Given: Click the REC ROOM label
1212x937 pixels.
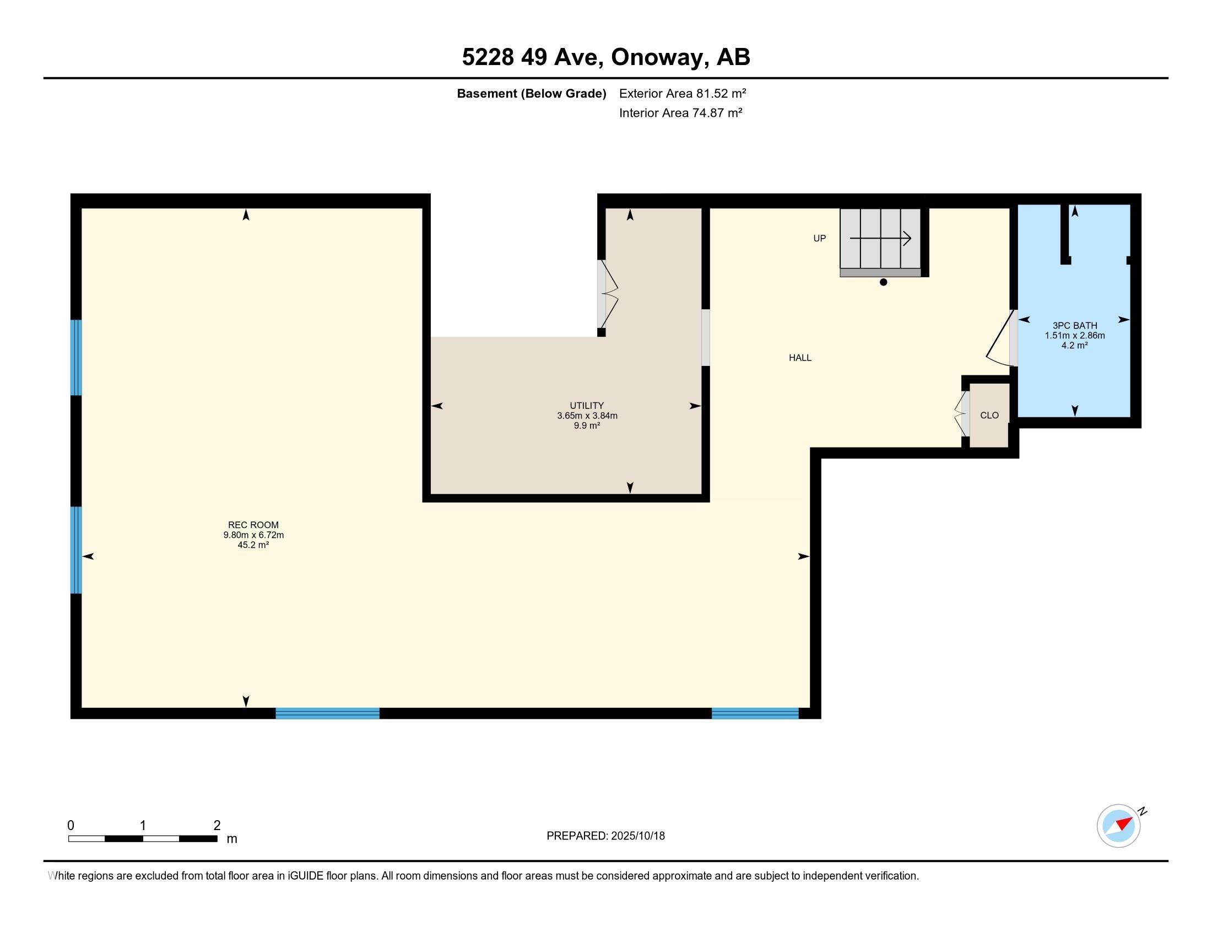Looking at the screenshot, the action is pyautogui.click(x=253, y=525).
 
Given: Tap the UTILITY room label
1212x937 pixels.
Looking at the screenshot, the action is pyautogui.click(x=587, y=406).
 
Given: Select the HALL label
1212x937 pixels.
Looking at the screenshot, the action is pyautogui.click(x=800, y=358).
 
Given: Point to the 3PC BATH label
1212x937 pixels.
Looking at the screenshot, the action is pyautogui.click(x=1075, y=325).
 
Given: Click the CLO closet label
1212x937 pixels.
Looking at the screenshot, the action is pyautogui.click(x=989, y=415).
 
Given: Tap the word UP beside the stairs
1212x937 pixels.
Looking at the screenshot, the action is pyautogui.click(x=820, y=238).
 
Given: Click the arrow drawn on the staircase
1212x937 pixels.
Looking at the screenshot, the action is pyautogui.click(x=880, y=239).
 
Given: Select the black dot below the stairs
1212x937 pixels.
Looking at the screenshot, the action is pyautogui.click(x=884, y=282).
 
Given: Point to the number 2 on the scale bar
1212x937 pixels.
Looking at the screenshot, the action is pyautogui.click(x=217, y=826).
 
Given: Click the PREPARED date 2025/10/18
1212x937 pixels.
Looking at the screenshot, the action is pyautogui.click(x=637, y=836).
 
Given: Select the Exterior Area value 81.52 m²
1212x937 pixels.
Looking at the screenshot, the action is pyautogui.click(x=722, y=93).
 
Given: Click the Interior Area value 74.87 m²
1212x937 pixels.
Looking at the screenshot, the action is pyautogui.click(x=717, y=112).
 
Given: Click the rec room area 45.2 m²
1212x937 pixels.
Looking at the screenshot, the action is pyautogui.click(x=253, y=545).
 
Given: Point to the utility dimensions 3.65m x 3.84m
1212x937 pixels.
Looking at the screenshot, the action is pyautogui.click(x=587, y=416).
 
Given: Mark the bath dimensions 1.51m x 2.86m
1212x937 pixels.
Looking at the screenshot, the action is pyautogui.click(x=1075, y=335).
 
